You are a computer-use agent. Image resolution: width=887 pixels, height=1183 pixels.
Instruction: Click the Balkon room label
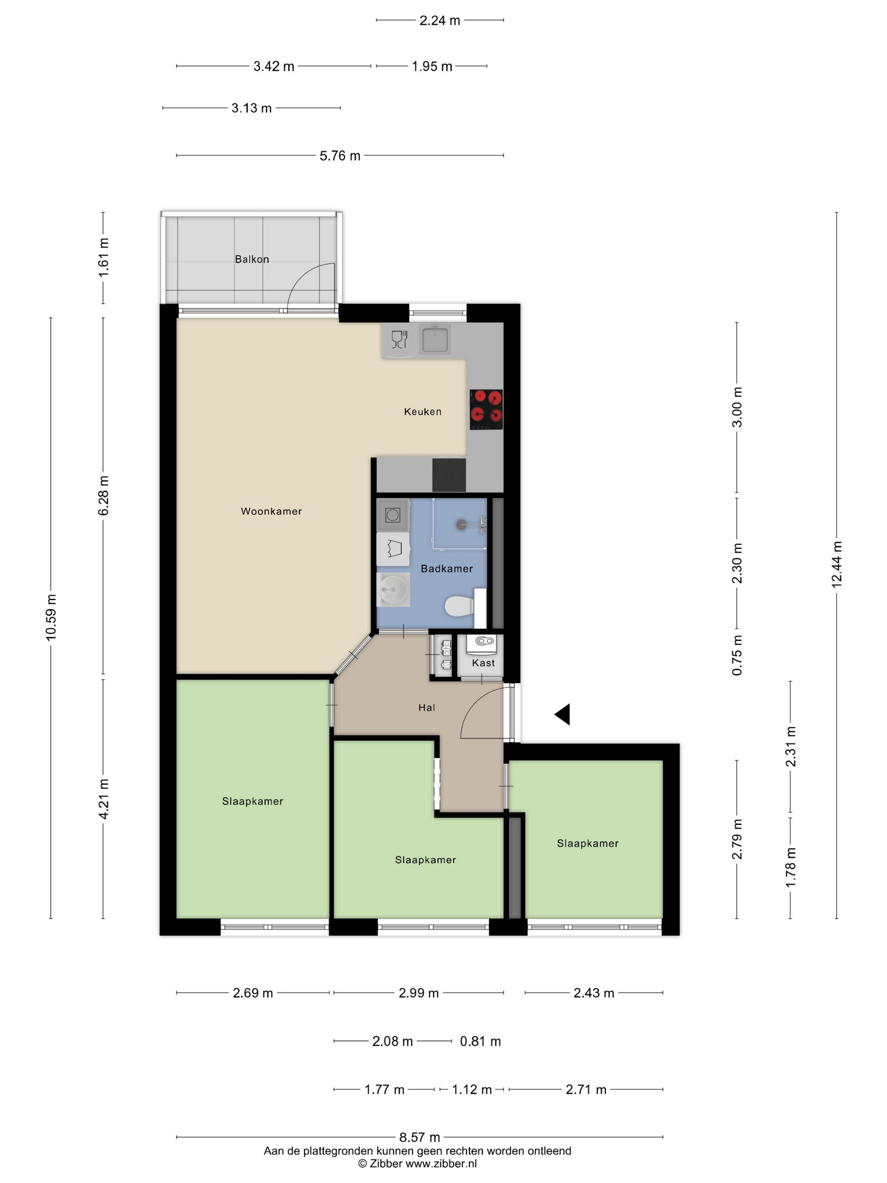point(252,259)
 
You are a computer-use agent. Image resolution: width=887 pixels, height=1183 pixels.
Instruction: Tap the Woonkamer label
point(271,511)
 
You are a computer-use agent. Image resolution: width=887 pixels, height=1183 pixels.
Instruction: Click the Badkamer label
point(446,569)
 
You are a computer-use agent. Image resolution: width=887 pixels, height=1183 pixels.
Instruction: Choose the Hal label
point(427,708)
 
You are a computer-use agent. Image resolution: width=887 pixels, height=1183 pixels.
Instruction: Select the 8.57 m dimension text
point(420,1137)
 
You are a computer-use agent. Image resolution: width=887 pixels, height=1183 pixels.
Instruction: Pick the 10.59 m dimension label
point(51,617)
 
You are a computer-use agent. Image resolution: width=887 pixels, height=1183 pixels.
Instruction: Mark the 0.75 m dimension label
point(737,655)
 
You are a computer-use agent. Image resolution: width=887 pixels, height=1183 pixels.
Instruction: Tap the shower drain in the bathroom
point(461,525)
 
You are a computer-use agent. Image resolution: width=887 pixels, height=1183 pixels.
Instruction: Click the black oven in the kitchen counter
point(449,475)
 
